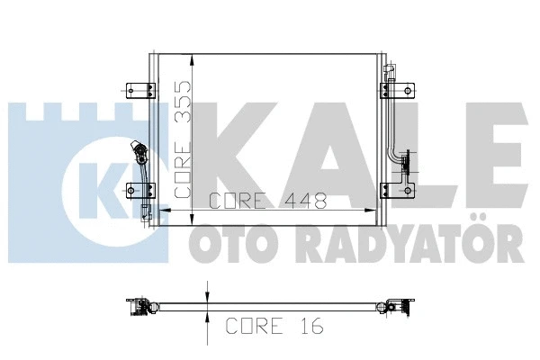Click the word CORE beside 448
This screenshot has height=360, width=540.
[238, 201]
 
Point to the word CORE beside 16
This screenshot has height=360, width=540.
[253, 325]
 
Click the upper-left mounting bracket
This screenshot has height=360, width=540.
[134, 89]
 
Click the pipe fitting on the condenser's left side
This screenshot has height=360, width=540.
[138, 151]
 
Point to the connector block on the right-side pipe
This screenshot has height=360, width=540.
[407, 162]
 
